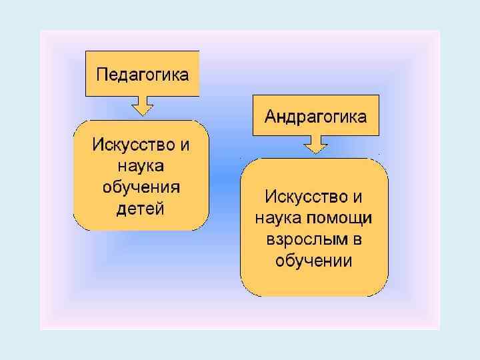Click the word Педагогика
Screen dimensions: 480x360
(143, 73)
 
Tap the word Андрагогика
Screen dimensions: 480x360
(315, 117)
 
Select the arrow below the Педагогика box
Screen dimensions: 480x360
(142, 106)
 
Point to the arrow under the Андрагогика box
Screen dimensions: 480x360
(315, 145)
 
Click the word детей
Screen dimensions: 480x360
(140, 209)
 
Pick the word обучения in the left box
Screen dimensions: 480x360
(141, 187)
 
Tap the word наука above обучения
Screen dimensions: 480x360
(141, 165)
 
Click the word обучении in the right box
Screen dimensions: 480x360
(314, 261)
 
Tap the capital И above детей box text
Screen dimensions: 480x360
(97, 143)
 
